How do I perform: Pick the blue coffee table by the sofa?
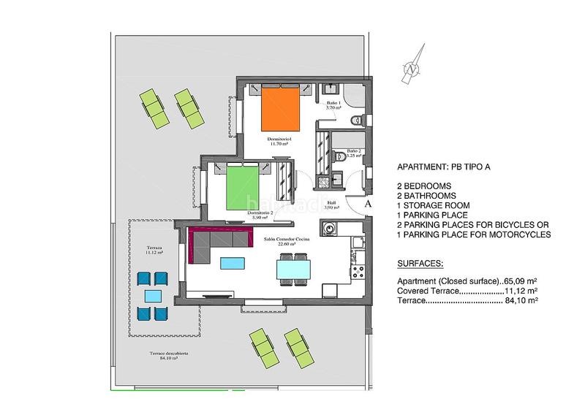[x=234, y=263]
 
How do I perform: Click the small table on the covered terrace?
[x=153, y=296]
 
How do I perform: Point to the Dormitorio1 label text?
[x=280, y=140]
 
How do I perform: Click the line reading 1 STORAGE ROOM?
[x=431, y=205]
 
